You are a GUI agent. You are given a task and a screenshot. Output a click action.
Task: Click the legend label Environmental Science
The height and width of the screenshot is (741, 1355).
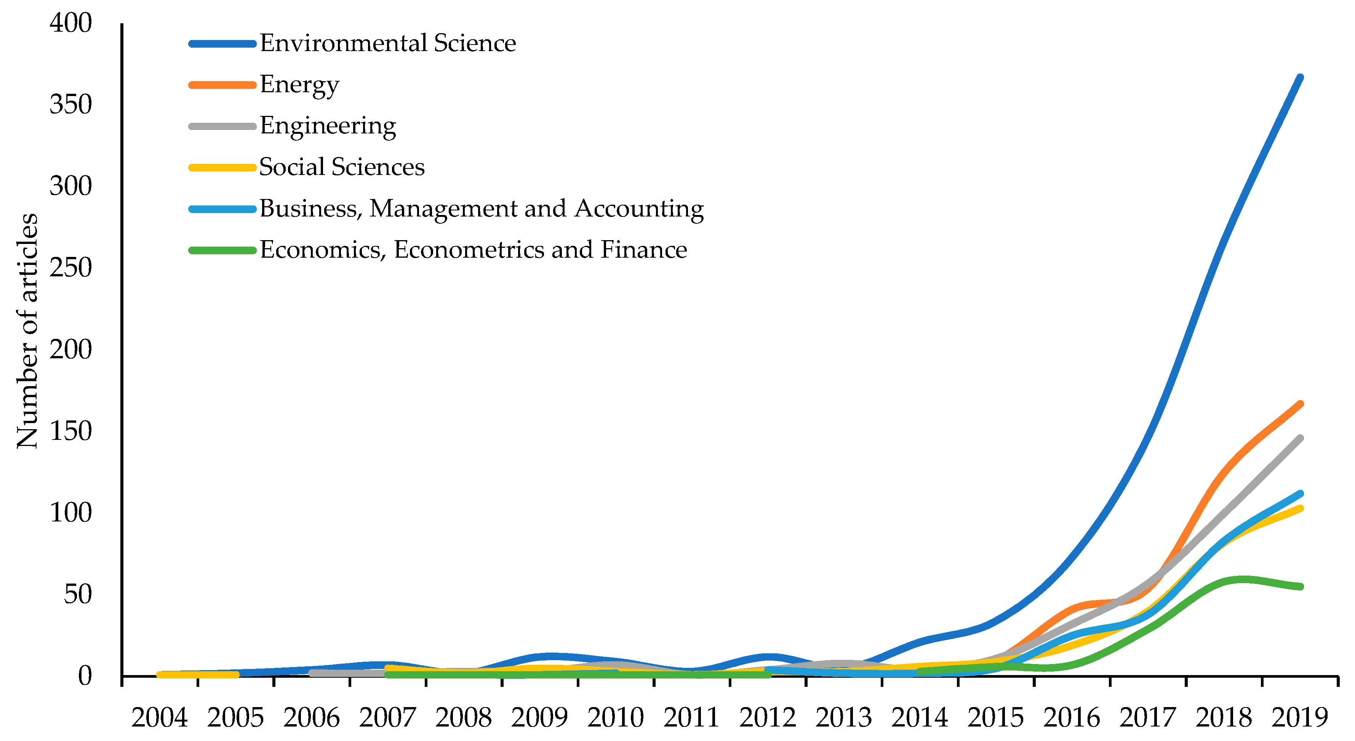388,43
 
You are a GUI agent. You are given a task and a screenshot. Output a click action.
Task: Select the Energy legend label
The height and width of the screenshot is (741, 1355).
299,85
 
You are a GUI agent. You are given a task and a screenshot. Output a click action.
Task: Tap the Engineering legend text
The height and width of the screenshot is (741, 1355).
328,126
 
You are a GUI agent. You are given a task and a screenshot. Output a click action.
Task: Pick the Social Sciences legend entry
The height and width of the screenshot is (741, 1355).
342,167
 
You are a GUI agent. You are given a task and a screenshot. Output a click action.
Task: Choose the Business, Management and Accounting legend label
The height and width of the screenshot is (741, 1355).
481,209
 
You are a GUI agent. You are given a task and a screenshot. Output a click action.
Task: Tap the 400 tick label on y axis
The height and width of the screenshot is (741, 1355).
70,23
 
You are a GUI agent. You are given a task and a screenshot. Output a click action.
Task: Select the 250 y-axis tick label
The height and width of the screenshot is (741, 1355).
70,268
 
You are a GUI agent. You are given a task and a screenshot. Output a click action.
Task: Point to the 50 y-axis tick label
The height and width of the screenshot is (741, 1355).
77,595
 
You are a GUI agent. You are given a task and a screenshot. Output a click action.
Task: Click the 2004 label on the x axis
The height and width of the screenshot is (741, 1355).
159,718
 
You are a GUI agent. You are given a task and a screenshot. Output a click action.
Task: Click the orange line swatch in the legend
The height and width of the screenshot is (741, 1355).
222,85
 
